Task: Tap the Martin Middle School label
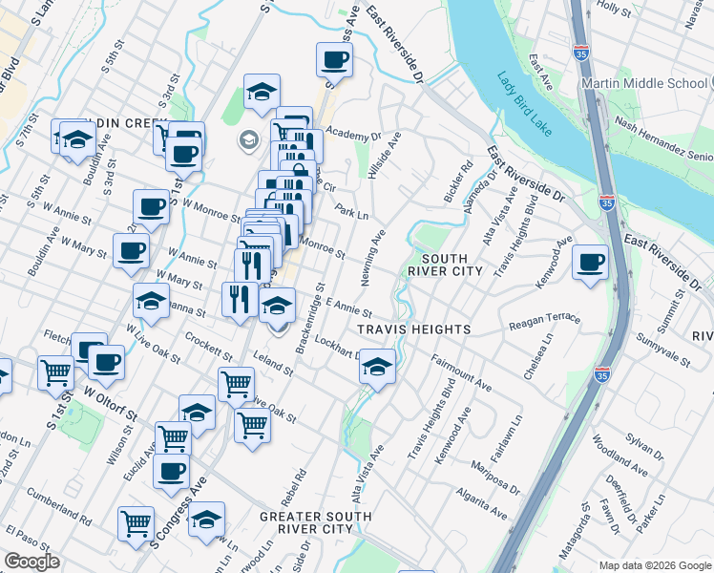coord(646,83)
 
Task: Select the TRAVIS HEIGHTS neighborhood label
coord(413,329)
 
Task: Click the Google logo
coord(31,562)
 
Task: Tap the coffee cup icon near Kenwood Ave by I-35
coord(591,261)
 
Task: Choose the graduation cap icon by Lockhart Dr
coord(377,367)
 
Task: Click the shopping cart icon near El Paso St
coord(136,522)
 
